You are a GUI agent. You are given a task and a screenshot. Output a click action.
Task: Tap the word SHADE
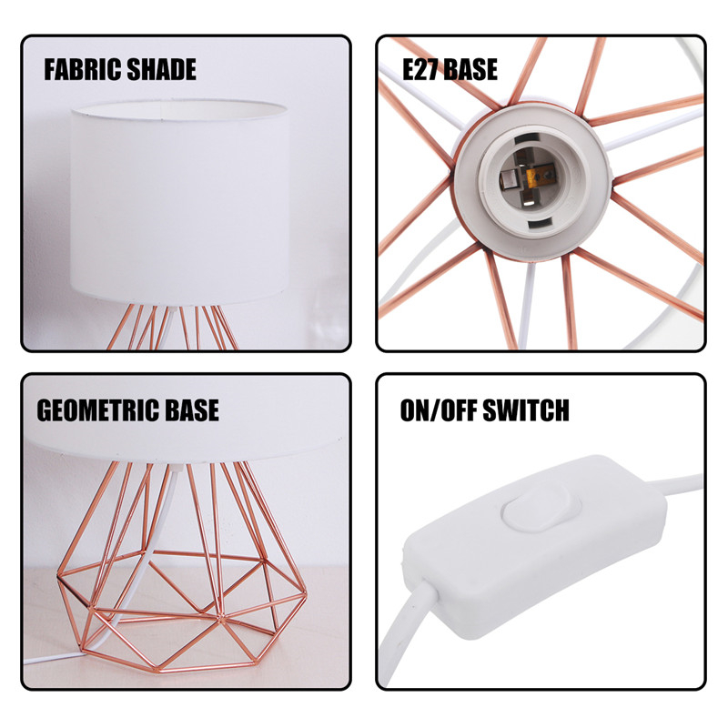tap(161, 70)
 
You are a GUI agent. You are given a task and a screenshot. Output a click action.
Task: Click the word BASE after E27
tap(470, 70)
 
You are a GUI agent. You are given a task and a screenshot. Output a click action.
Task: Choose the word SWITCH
tap(526, 410)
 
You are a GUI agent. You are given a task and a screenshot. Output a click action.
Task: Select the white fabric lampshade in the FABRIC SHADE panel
tap(180, 202)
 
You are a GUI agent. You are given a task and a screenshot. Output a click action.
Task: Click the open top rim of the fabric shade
tap(179, 109)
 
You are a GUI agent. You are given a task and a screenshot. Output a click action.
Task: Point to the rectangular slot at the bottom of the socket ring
tap(537, 225)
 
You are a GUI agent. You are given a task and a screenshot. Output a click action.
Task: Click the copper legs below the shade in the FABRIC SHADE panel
tap(173, 327)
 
